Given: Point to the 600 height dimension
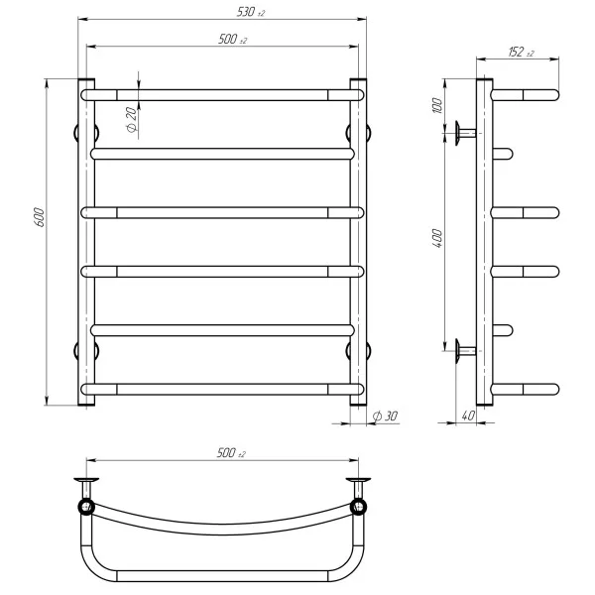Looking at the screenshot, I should click(x=39, y=217).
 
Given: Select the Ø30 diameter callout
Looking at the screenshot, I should click(x=387, y=417).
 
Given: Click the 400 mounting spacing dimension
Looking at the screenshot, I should click(x=437, y=238).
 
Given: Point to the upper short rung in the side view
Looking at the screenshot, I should click(x=504, y=153).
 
